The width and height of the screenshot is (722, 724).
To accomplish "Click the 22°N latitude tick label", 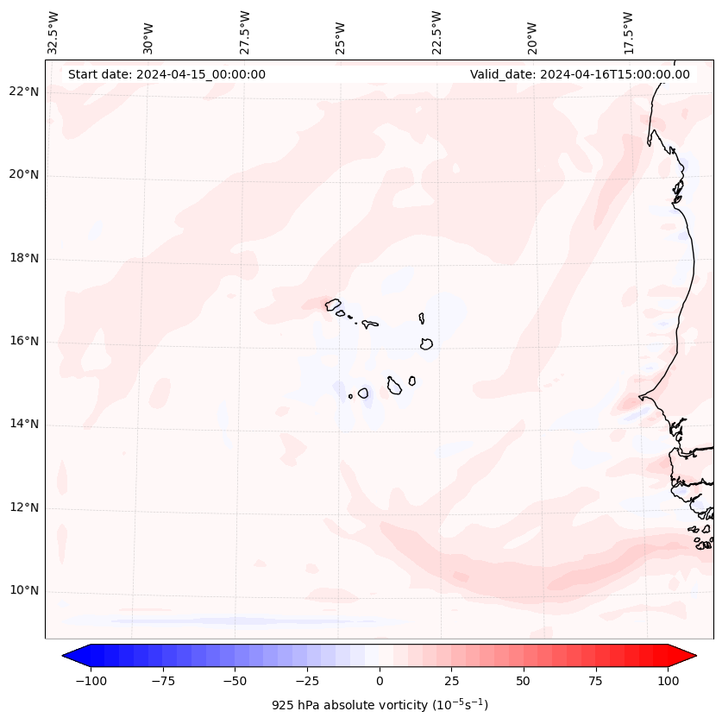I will pos(24,92).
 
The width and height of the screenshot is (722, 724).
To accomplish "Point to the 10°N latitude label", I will pos(24,591).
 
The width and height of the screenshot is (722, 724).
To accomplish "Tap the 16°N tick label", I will pos(24,342).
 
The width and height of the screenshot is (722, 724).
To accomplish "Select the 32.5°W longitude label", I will pos(53,33).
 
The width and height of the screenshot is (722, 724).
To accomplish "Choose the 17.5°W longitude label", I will pos(629,33).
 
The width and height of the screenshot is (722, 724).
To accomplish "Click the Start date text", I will pos(166,74).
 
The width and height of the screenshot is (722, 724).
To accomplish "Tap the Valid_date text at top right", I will pos(580,74).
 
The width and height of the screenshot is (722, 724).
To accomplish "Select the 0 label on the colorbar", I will pos(379,682).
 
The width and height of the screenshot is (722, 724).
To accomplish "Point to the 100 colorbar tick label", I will pos(669,682).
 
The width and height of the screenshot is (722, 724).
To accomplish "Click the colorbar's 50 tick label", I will pos(524,682).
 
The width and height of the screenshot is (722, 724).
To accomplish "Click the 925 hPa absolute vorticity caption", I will pos(380,705).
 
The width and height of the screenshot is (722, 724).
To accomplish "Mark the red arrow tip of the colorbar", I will pos(694,656).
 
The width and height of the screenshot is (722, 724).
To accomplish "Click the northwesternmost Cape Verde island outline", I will pos(333,305).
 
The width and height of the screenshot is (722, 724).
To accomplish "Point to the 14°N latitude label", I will pos(24,425).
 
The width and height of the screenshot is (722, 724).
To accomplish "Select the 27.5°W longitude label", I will pos(246,33).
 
